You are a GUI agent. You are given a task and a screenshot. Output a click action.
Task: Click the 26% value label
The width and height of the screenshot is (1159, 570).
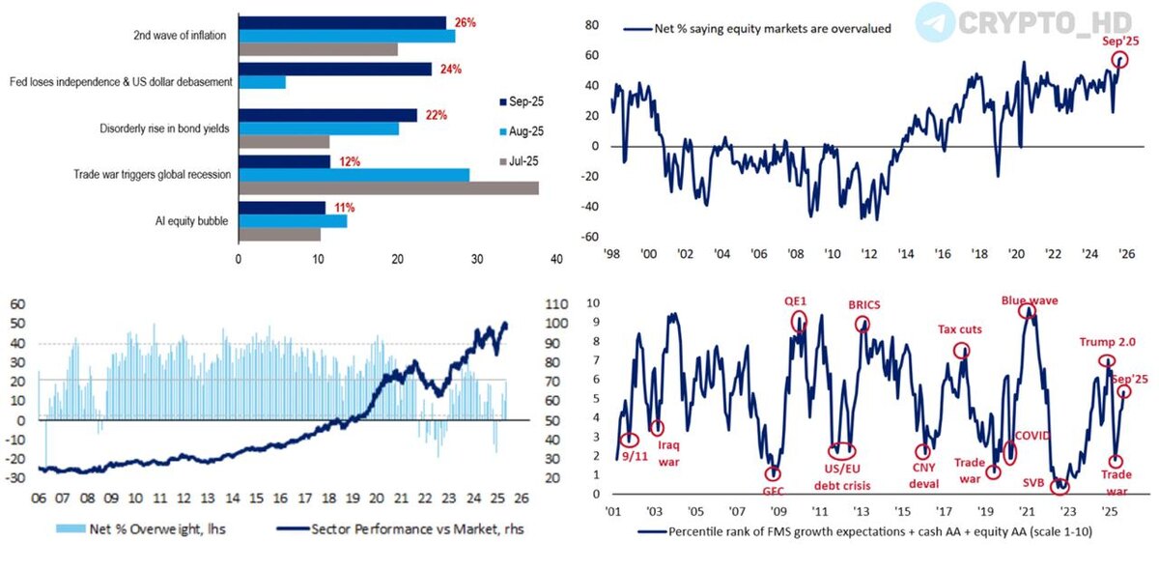tap(465, 21)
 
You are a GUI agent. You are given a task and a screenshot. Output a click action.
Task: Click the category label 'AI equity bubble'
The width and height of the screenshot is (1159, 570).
tap(190, 220)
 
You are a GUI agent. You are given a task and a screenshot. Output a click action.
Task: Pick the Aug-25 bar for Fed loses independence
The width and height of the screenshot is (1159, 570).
tap(262, 83)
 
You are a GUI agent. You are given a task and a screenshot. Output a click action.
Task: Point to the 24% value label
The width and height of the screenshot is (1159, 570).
tap(450, 69)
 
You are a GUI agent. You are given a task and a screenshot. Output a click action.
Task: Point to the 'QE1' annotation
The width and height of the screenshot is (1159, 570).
tap(797, 301)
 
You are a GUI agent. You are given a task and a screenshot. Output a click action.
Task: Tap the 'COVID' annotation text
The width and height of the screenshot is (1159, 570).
tap(1032, 436)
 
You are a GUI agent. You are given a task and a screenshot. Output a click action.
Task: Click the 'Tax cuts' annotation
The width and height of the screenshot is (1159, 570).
tap(959, 329)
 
